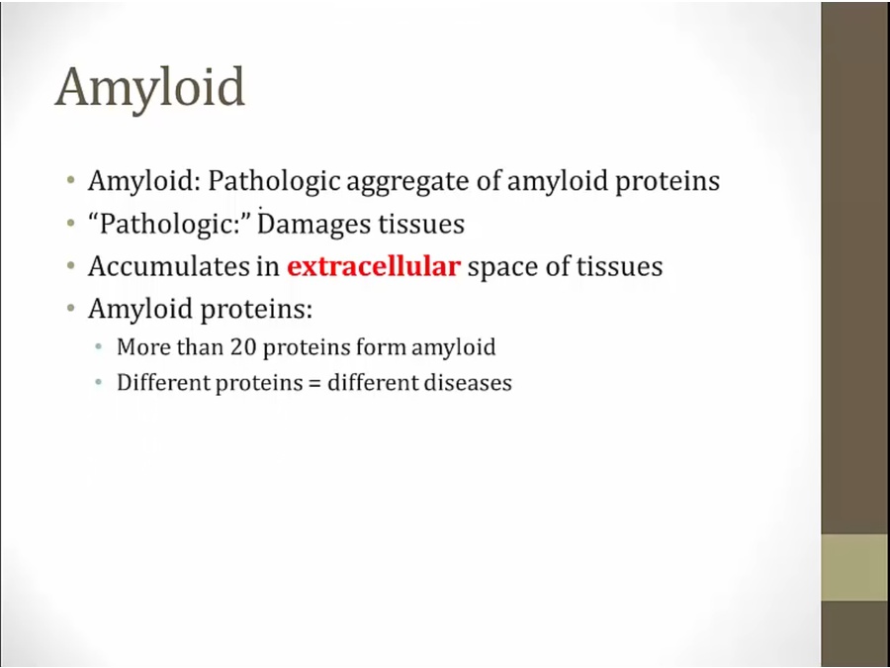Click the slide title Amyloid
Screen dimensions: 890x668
(150, 88)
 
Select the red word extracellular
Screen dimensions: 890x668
(374, 266)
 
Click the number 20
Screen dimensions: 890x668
(243, 347)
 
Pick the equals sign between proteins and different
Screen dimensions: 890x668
(315, 383)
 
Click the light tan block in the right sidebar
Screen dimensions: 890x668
(855, 567)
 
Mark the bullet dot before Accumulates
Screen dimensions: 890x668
(70, 266)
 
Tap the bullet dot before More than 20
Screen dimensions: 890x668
(99, 347)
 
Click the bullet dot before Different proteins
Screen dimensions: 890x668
(99, 383)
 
